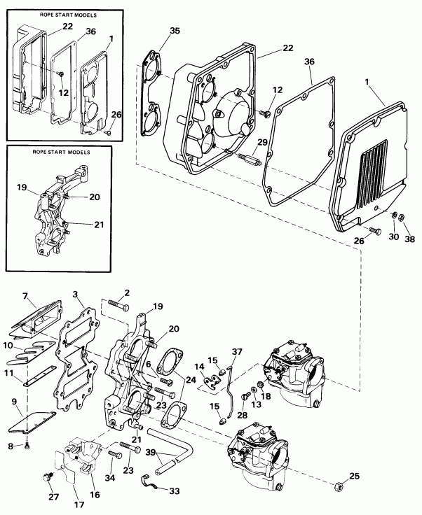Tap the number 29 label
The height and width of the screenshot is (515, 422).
pyautogui.click(x=263, y=143)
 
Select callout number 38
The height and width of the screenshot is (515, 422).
pyautogui.click(x=409, y=239)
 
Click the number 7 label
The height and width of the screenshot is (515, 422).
pyautogui.click(x=25, y=297)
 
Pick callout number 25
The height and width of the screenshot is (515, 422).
pyautogui.click(x=354, y=477)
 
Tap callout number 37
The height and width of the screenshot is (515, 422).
pyautogui.click(x=237, y=351)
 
